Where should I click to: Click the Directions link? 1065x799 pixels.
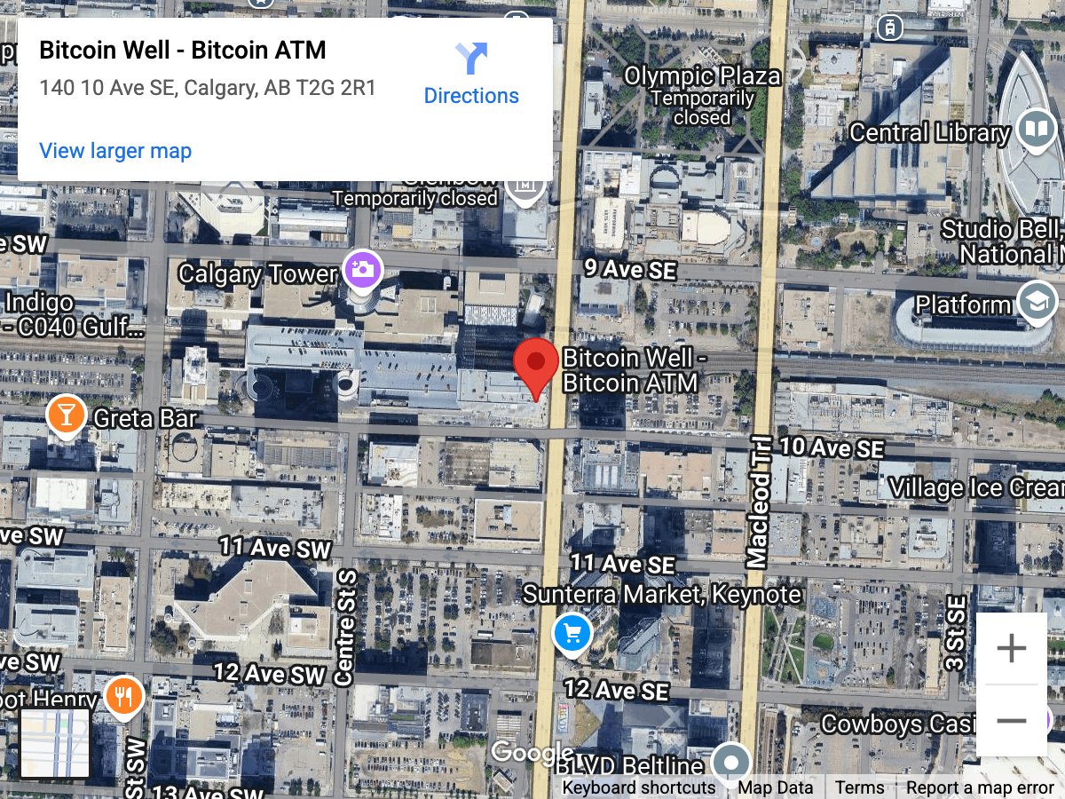point(471,75)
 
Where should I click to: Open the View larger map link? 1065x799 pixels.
point(115,151)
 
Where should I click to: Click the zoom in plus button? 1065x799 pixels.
point(1011,649)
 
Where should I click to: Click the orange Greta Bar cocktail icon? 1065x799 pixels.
point(67,415)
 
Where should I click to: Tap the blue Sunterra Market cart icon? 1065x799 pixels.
point(572,634)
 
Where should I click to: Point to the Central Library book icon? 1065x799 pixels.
point(1036,130)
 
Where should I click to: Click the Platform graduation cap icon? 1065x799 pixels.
point(1036,303)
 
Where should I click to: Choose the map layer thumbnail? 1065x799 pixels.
point(55,744)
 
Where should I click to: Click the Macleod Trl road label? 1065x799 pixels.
point(759,502)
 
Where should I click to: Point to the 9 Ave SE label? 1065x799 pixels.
point(629,270)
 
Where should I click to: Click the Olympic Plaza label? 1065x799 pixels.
point(702,76)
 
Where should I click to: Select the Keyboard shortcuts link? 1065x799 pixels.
point(638,787)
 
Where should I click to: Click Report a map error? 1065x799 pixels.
point(980,787)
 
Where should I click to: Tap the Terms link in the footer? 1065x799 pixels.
point(859,787)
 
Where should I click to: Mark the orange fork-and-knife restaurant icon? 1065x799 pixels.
point(124,696)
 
